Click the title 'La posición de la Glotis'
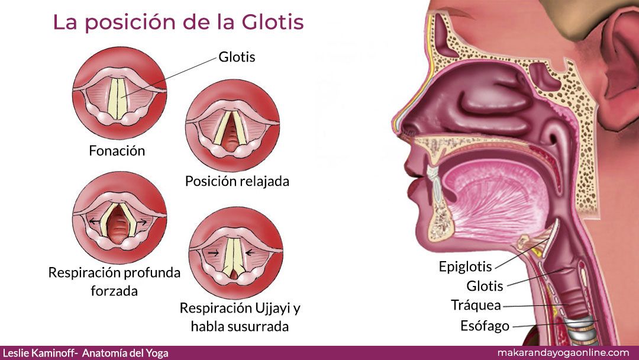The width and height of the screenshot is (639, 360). [179, 22]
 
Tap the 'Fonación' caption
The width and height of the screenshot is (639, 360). [117, 151]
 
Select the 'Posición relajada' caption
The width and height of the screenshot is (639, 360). [237, 181]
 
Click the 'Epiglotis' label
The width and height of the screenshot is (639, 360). [466, 266]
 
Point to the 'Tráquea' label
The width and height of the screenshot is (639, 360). [476, 305]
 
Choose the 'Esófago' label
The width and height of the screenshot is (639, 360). [485, 326]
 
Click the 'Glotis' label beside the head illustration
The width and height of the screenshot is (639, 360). [485, 286]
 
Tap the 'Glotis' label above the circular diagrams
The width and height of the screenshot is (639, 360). [237, 57]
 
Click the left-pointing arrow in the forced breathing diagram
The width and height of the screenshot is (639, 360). [95, 222]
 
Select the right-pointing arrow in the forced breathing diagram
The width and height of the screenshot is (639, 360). [143, 222]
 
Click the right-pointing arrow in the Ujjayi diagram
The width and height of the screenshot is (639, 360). [213, 253]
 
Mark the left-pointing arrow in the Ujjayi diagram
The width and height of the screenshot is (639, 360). [250, 253]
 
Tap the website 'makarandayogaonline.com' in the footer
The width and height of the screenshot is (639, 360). [564, 353]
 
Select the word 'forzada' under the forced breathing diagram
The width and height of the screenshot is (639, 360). [114, 291]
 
